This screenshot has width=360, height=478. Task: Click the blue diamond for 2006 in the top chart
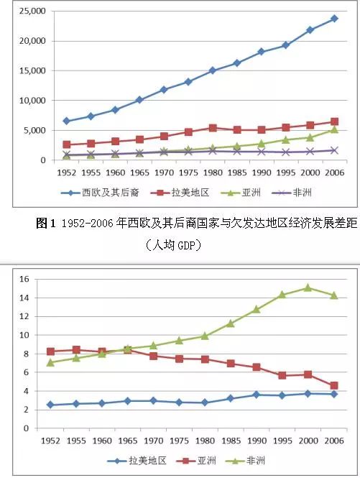(334, 19)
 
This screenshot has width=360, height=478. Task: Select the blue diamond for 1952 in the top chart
(67, 121)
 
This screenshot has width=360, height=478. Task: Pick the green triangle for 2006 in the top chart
(334, 129)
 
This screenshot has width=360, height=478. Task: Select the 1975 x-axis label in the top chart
(188, 173)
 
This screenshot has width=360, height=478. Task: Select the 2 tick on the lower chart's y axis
(24, 410)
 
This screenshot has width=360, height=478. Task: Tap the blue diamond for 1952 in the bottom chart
(50, 405)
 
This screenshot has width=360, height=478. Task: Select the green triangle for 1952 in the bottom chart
(50, 362)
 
